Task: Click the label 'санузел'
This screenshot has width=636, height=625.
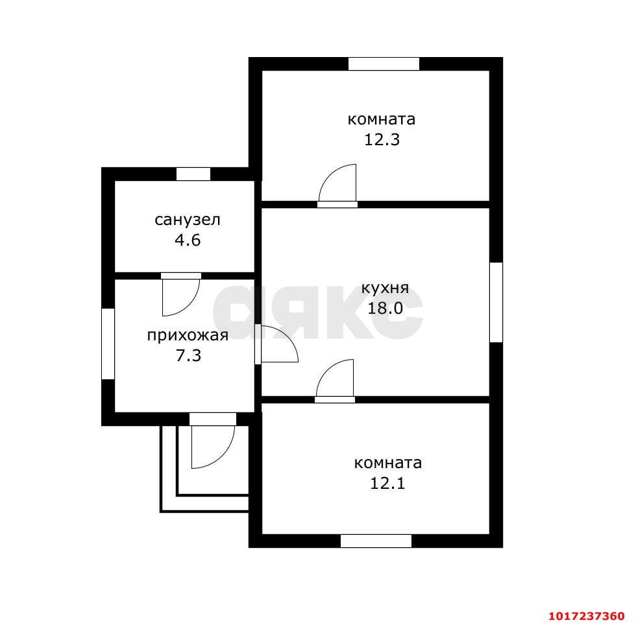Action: [x=188, y=220]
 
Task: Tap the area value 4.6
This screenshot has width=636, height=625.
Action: [x=188, y=241]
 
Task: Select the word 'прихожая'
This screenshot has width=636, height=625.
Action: [x=188, y=336]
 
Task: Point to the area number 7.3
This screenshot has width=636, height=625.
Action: [x=188, y=356]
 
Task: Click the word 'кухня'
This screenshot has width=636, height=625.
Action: [x=385, y=288]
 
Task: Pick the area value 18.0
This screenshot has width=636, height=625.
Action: [x=385, y=309]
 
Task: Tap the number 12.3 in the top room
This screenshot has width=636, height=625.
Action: [x=382, y=140]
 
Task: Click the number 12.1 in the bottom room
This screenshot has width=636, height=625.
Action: [x=387, y=484]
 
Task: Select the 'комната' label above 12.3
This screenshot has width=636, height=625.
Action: [x=382, y=119]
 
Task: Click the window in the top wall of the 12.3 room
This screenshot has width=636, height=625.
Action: [x=384, y=64]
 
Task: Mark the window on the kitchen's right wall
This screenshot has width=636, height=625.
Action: [x=496, y=302]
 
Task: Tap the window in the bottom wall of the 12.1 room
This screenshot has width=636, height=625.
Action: [x=376, y=541]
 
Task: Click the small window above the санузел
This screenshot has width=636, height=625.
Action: [x=193, y=174]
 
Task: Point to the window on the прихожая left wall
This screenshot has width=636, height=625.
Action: [x=108, y=344]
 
